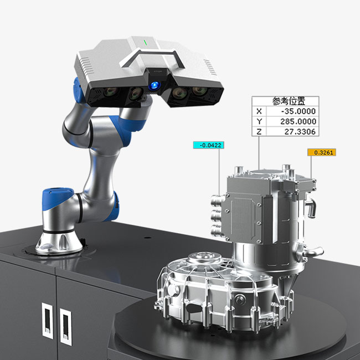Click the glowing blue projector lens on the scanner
coord(154,86)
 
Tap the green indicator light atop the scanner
coord(145,43)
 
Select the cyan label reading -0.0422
coord(208,145)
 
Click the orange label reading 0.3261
coord(322,152)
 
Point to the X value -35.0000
coord(299,111)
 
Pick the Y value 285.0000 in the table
coord(298,121)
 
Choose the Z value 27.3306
coord(300,132)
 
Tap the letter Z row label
coord(259,132)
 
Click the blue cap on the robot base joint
coord(58,197)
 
